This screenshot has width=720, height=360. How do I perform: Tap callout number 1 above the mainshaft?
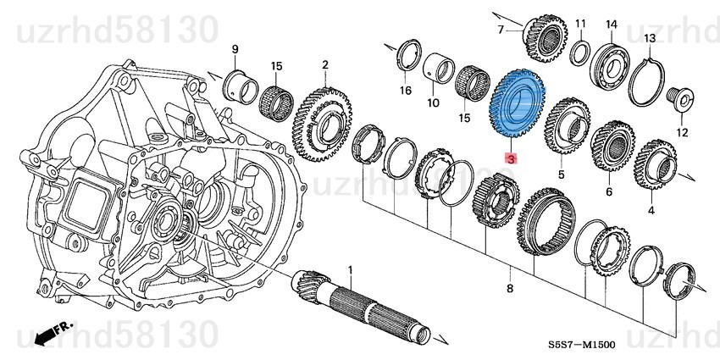[x=351, y=269]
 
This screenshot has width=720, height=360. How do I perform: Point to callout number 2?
[x=324, y=64]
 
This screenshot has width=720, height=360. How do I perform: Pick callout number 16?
[x=406, y=90]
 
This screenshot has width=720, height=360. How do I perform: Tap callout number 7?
[x=501, y=30]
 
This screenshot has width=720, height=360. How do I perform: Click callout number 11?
[x=580, y=23]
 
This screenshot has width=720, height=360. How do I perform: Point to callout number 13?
[x=650, y=39]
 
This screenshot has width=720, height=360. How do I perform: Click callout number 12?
[x=682, y=132]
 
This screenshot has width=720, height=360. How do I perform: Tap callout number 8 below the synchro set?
[x=510, y=290]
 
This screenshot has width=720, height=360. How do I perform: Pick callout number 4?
[x=651, y=209]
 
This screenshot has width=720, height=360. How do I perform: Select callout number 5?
[x=560, y=174]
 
